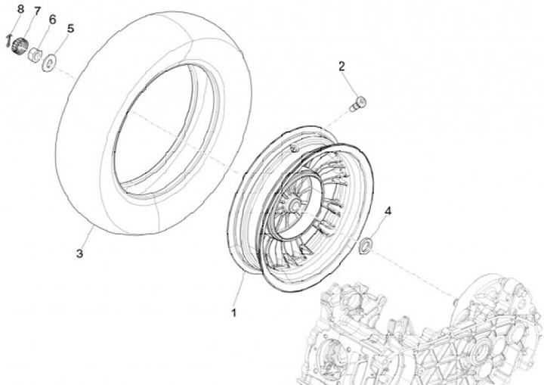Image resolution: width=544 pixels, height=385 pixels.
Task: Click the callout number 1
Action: pyautogui.click(x=234, y=312)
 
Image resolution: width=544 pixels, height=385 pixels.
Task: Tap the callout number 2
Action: pyautogui.click(x=342, y=67)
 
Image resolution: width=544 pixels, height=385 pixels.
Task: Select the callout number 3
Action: pyautogui.click(x=79, y=253)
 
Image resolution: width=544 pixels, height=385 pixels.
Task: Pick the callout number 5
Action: pyautogui.click(x=70, y=29)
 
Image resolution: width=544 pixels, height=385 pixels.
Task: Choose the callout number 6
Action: pyautogui.click(x=52, y=19)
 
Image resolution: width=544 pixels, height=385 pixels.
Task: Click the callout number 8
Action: pyautogui.click(x=20, y=8)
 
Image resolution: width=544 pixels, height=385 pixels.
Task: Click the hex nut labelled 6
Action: pyautogui.click(x=36, y=54)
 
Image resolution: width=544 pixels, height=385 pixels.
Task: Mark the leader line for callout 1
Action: pyautogui.click(x=238, y=291)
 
